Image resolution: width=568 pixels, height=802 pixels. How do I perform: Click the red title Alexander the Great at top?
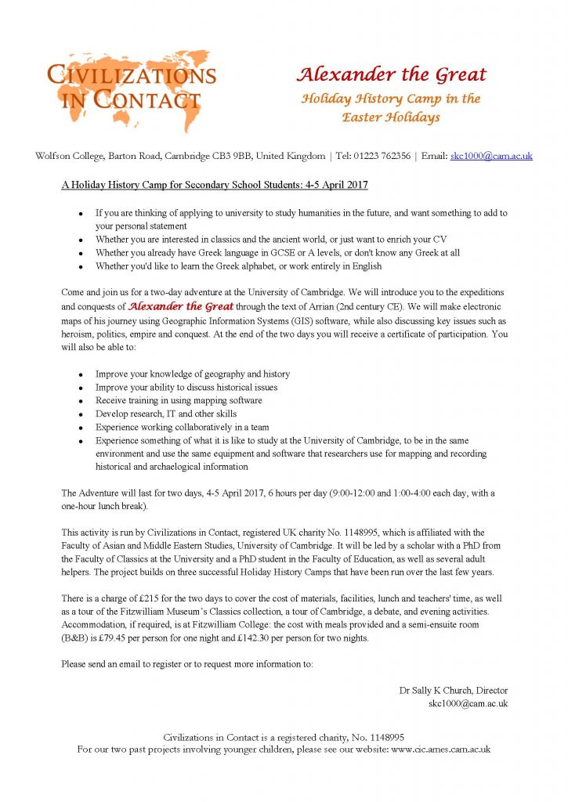coord(391,75)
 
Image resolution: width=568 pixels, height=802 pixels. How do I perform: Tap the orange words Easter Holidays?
coord(391,117)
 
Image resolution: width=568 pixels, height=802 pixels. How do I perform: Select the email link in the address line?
coord(491,156)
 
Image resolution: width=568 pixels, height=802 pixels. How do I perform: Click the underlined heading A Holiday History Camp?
coord(215,185)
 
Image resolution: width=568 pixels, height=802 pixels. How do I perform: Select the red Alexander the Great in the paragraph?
coord(181,307)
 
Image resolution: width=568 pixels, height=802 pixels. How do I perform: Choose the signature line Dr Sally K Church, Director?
coord(454,690)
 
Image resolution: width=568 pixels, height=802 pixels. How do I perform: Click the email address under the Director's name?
coord(468,703)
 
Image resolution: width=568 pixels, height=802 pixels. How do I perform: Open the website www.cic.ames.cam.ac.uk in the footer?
coord(440,750)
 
